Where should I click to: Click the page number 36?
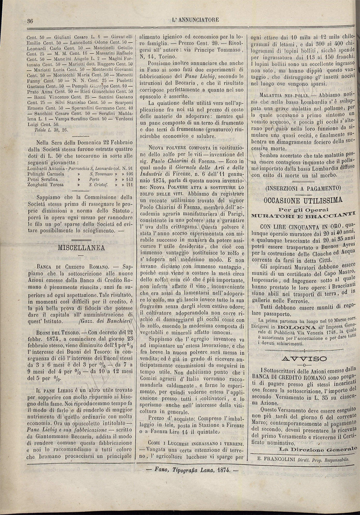(x=31, y=20)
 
